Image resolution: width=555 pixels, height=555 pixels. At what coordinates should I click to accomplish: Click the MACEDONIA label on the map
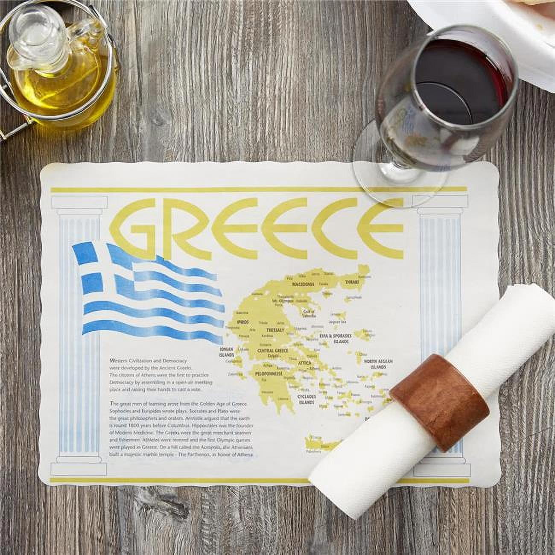click(304, 284)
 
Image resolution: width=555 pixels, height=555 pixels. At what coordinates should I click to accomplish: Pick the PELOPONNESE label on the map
click(269, 374)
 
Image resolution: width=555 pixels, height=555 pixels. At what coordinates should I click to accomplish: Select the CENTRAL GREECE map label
click(273, 351)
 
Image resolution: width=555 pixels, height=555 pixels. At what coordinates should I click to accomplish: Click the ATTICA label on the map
click(304, 362)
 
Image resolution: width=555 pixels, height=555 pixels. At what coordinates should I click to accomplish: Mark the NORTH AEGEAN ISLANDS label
click(378, 364)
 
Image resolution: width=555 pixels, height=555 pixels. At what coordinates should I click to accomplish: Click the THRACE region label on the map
click(353, 282)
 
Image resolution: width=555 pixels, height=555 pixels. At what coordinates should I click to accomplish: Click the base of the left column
click(81, 468)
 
